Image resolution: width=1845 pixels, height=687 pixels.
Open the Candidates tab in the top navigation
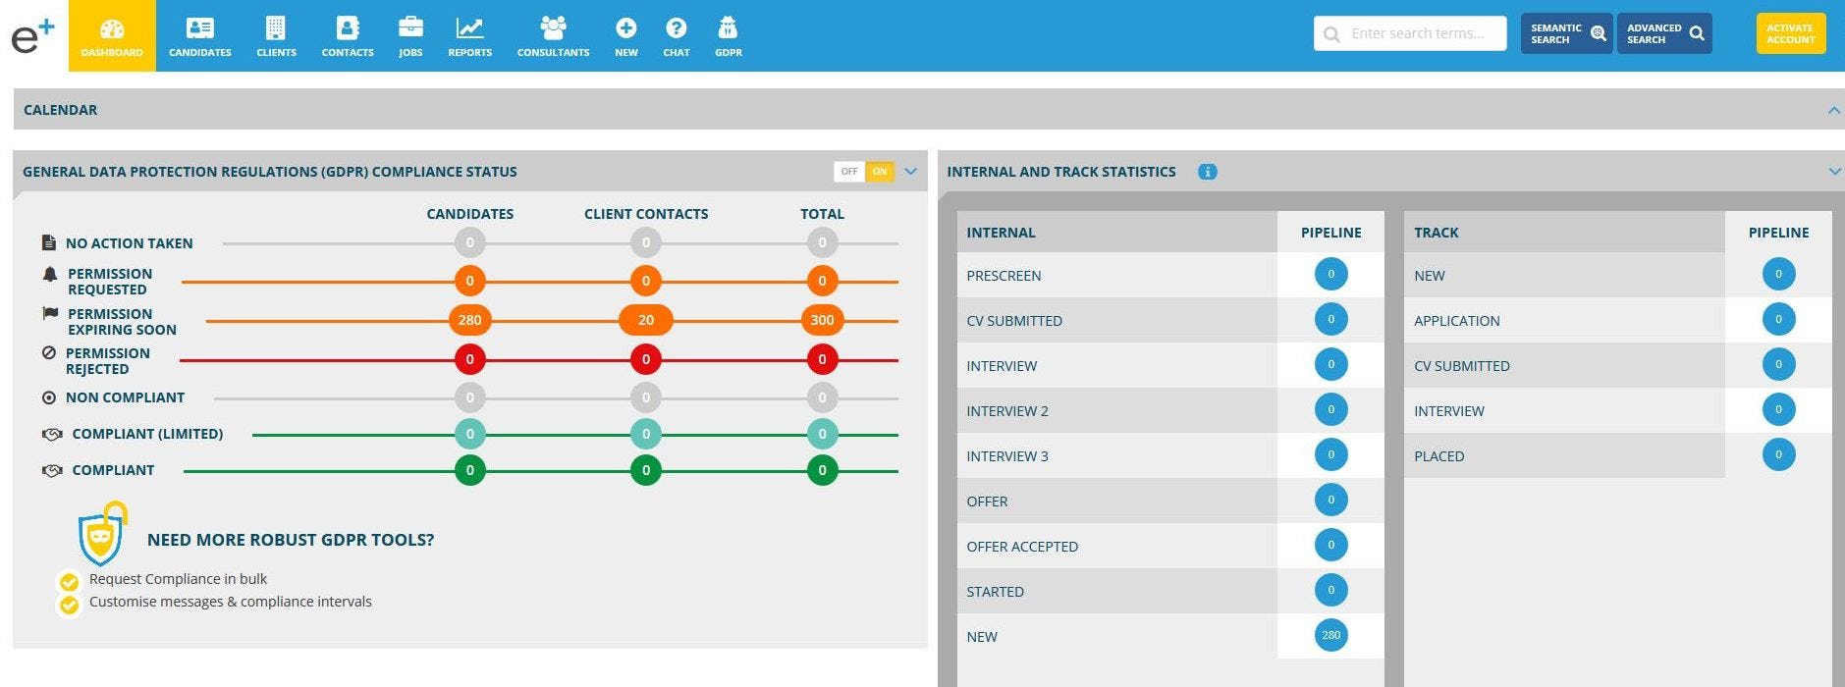tap(199, 36)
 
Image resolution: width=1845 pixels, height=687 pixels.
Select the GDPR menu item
tap(728, 36)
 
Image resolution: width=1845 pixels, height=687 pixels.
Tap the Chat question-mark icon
tap(676, 28)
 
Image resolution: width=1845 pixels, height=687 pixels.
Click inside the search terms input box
tap(1419, 33)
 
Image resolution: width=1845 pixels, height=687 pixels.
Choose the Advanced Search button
tap(1663, 33)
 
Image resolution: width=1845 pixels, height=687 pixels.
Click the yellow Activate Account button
tap(1790, 33)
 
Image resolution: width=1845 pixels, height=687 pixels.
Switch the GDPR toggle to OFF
tap(848, 172)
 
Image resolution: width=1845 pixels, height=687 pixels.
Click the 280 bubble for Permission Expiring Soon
tap(469, 320)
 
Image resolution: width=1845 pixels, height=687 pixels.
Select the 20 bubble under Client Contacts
tap(645, 320)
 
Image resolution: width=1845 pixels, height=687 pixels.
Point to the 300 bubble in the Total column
tap(822, 320)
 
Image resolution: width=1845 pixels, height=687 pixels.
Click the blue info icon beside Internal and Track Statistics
tap(1207, 172)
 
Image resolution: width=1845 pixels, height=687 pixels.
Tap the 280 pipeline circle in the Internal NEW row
tap(1330, 635)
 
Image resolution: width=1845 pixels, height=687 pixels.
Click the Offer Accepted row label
tap(1022, 547)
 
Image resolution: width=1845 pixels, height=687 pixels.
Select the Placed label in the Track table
tap(1438, 456)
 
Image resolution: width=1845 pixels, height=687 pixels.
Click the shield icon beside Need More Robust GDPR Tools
tap(101, 535)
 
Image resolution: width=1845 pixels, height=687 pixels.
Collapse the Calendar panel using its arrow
tap(1833, 110)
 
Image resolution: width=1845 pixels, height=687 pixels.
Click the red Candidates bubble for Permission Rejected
tap(469, 359)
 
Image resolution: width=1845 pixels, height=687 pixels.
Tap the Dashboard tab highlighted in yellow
tap(112, 36)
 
